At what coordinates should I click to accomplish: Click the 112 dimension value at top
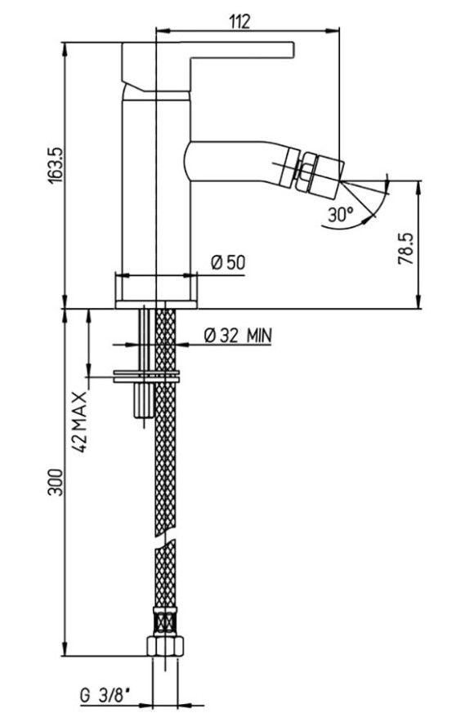point(239,20)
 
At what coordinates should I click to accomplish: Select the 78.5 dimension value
point(405,248)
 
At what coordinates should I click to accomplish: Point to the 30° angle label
point(341,214)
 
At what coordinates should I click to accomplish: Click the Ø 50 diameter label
point(229,262)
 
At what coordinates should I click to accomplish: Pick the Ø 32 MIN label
point(238,335)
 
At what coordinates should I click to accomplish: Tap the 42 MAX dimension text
point(80,422)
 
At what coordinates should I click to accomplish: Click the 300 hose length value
point(56,482)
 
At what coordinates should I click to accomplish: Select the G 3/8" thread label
point(104,695)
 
